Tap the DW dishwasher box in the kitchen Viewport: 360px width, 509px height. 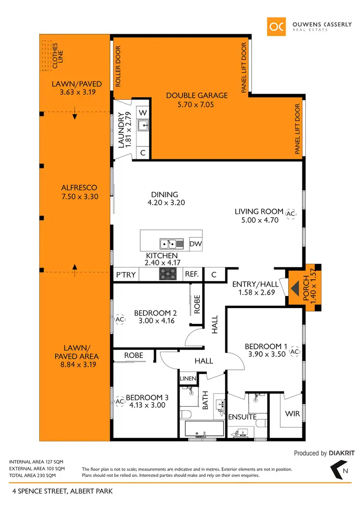(x=195, y=243)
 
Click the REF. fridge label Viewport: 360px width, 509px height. (x=192, y=274)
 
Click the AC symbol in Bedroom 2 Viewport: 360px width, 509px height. (x=120, y=319)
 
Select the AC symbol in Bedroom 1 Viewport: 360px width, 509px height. (x=295, y=352)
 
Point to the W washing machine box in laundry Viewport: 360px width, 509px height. (x=143, y=112)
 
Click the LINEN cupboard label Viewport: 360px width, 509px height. (x=187, y=379)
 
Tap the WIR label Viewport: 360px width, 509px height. (x=293, y=414)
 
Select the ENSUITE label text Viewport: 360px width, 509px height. (x=242, y=417)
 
